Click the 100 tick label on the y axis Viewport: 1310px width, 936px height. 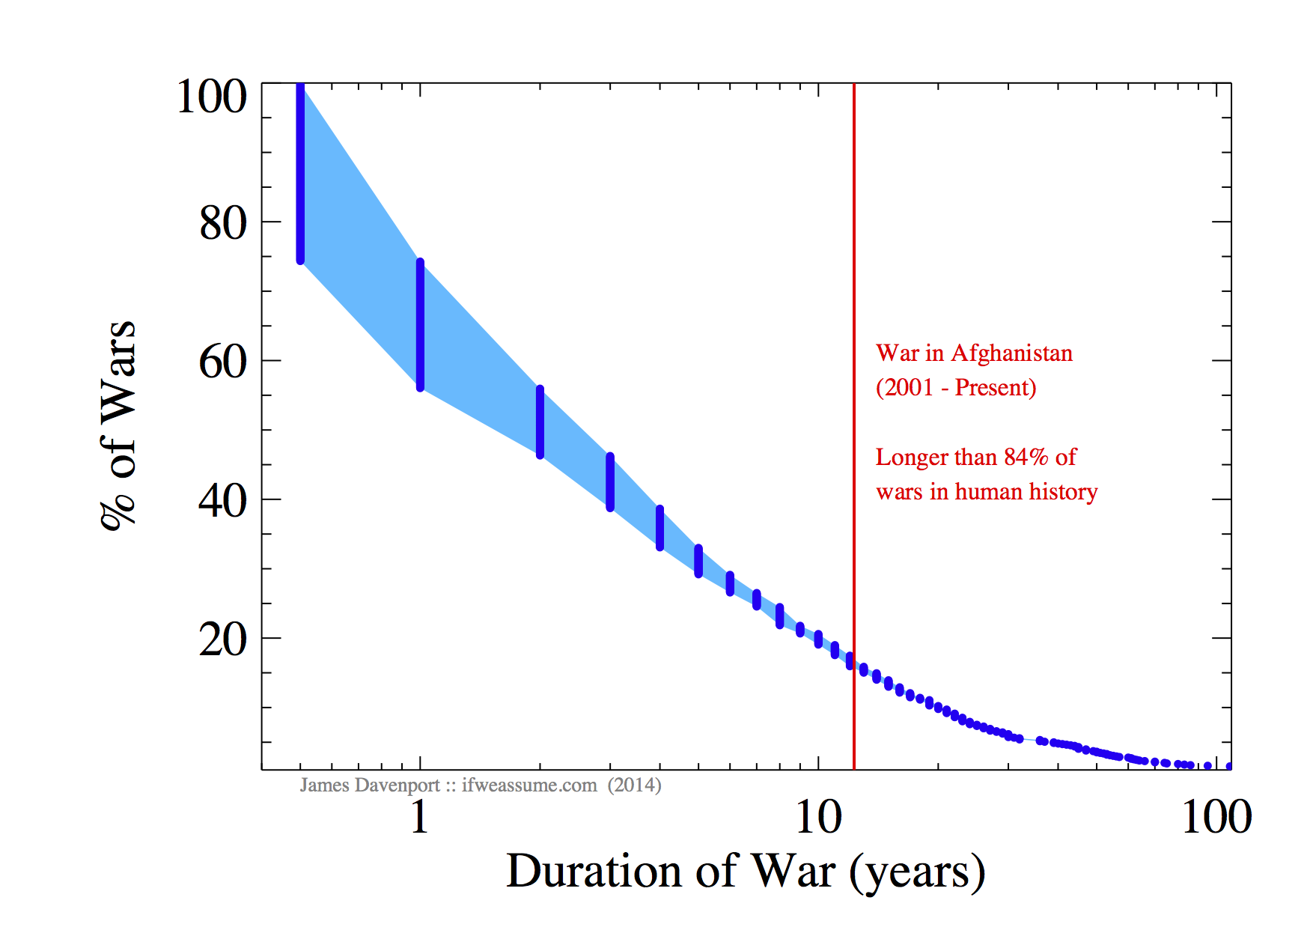click(x=211, y=97)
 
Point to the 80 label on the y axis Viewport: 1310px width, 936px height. click(x=222, y=223)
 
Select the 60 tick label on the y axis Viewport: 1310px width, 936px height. click(x=222, y=362)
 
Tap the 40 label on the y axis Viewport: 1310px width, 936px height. click(x=222, y=501)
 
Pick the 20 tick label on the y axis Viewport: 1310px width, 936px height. click(x=222, y=640)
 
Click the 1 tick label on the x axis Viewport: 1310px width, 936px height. click(x=419, y=816)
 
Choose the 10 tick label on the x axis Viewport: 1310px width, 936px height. click(x=818, y=816)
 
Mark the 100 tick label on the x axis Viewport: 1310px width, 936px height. click(x=1216, y=816)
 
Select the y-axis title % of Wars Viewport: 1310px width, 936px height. click(x=118, y=425)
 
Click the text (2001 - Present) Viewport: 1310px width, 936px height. click(x=956, y=388)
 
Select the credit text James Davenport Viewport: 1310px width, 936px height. click(x=370, y=785)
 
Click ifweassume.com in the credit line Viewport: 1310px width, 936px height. click(x=529, y=785)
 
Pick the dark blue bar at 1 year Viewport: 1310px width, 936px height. click(x=420, y=325)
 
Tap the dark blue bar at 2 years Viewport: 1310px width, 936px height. click(x=540, y=422)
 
